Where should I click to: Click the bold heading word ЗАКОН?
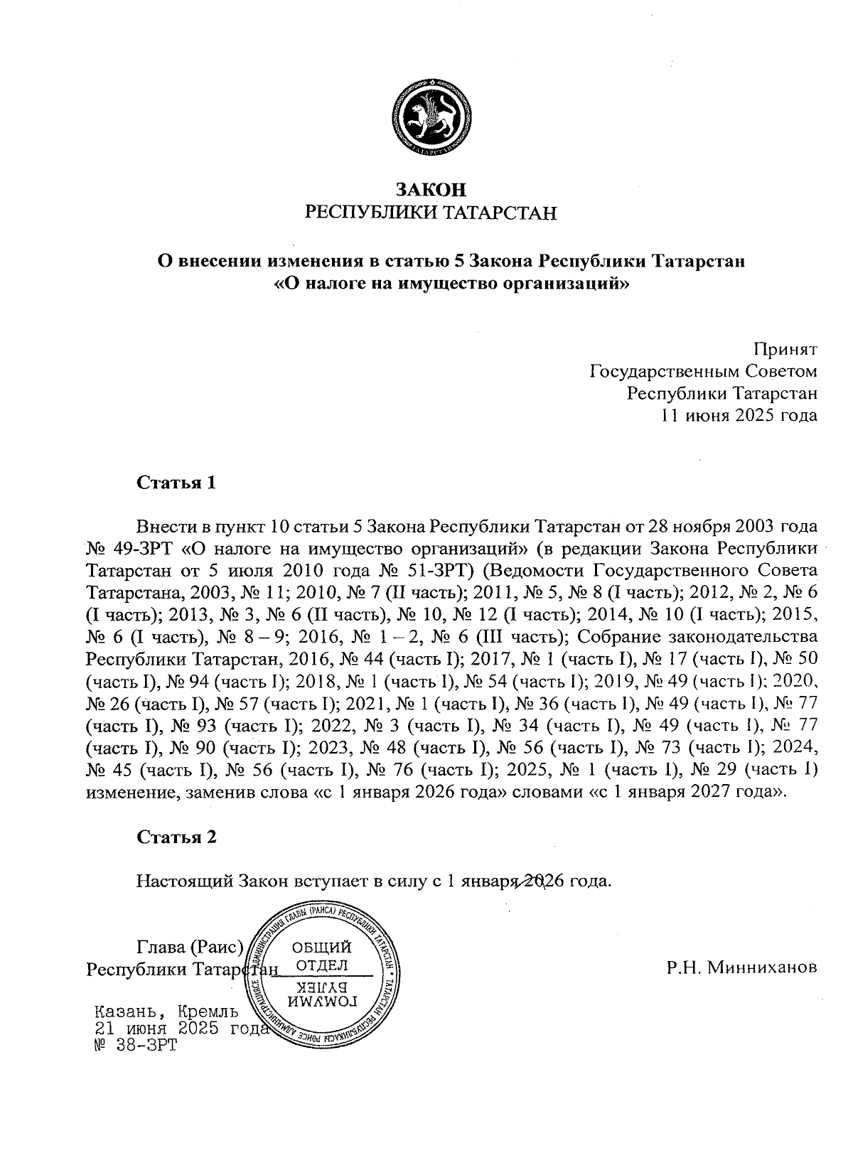pos(431,190)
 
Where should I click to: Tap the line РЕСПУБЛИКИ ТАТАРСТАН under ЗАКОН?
pos(431,213)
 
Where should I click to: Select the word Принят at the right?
pos(785,349)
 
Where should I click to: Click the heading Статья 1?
pos(176,483)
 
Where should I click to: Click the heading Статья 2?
pos(176,837)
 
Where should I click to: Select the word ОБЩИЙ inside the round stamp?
pos(322,948)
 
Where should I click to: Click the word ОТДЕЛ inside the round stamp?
pos(321,965)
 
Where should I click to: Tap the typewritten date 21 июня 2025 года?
pos(181,1029)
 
